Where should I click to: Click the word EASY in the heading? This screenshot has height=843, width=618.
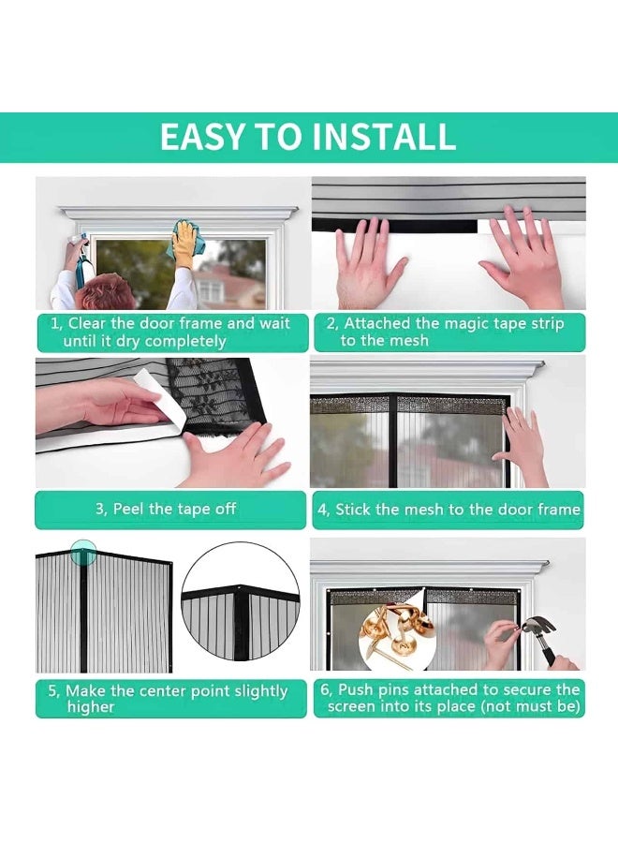click(x=203, y=137)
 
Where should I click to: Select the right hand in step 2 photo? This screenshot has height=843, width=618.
click(x=524, y=258)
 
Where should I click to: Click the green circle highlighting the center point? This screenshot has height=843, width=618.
click(x=84, y=552)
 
